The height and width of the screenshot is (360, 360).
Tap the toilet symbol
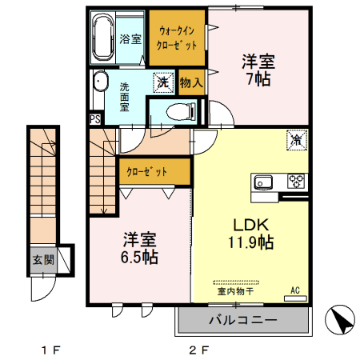(181, 112)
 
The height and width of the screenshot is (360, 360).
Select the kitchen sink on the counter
(263, 182)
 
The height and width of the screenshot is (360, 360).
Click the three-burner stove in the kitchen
(296, 181)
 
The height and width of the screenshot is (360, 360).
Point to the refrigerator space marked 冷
(297, 140)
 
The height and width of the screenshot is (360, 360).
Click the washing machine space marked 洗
(163, 82)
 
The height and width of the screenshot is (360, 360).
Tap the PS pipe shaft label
(95, 119)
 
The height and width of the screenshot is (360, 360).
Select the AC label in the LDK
(295, 290)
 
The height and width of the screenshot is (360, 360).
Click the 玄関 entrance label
(43, 260)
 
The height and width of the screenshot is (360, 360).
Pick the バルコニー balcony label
(243, 320)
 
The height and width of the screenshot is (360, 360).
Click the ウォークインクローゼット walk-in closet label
(177, 38)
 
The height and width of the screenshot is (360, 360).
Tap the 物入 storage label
(191, 82)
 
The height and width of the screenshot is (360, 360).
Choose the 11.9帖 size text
(251, 242)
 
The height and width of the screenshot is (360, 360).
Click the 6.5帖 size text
(139, 257)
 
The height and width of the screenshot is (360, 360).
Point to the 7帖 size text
(258, 79)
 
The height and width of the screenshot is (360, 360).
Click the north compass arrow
(340, 320)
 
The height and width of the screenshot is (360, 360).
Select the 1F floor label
(51, 350)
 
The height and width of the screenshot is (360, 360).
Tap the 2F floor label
(199, 350)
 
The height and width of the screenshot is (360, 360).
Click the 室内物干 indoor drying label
(235, 291)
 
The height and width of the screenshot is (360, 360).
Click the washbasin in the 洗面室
(100, 81)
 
